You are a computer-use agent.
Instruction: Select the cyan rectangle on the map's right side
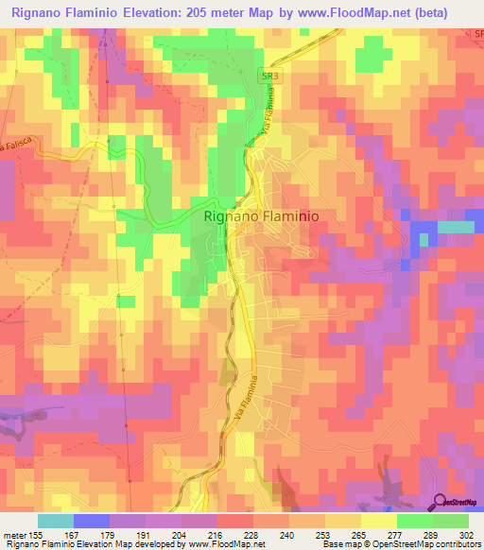457,227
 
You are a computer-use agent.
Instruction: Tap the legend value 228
253,534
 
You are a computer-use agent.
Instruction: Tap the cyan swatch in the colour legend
56,521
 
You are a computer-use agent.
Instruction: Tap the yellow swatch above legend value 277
378,521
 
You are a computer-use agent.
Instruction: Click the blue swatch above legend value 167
92,521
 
